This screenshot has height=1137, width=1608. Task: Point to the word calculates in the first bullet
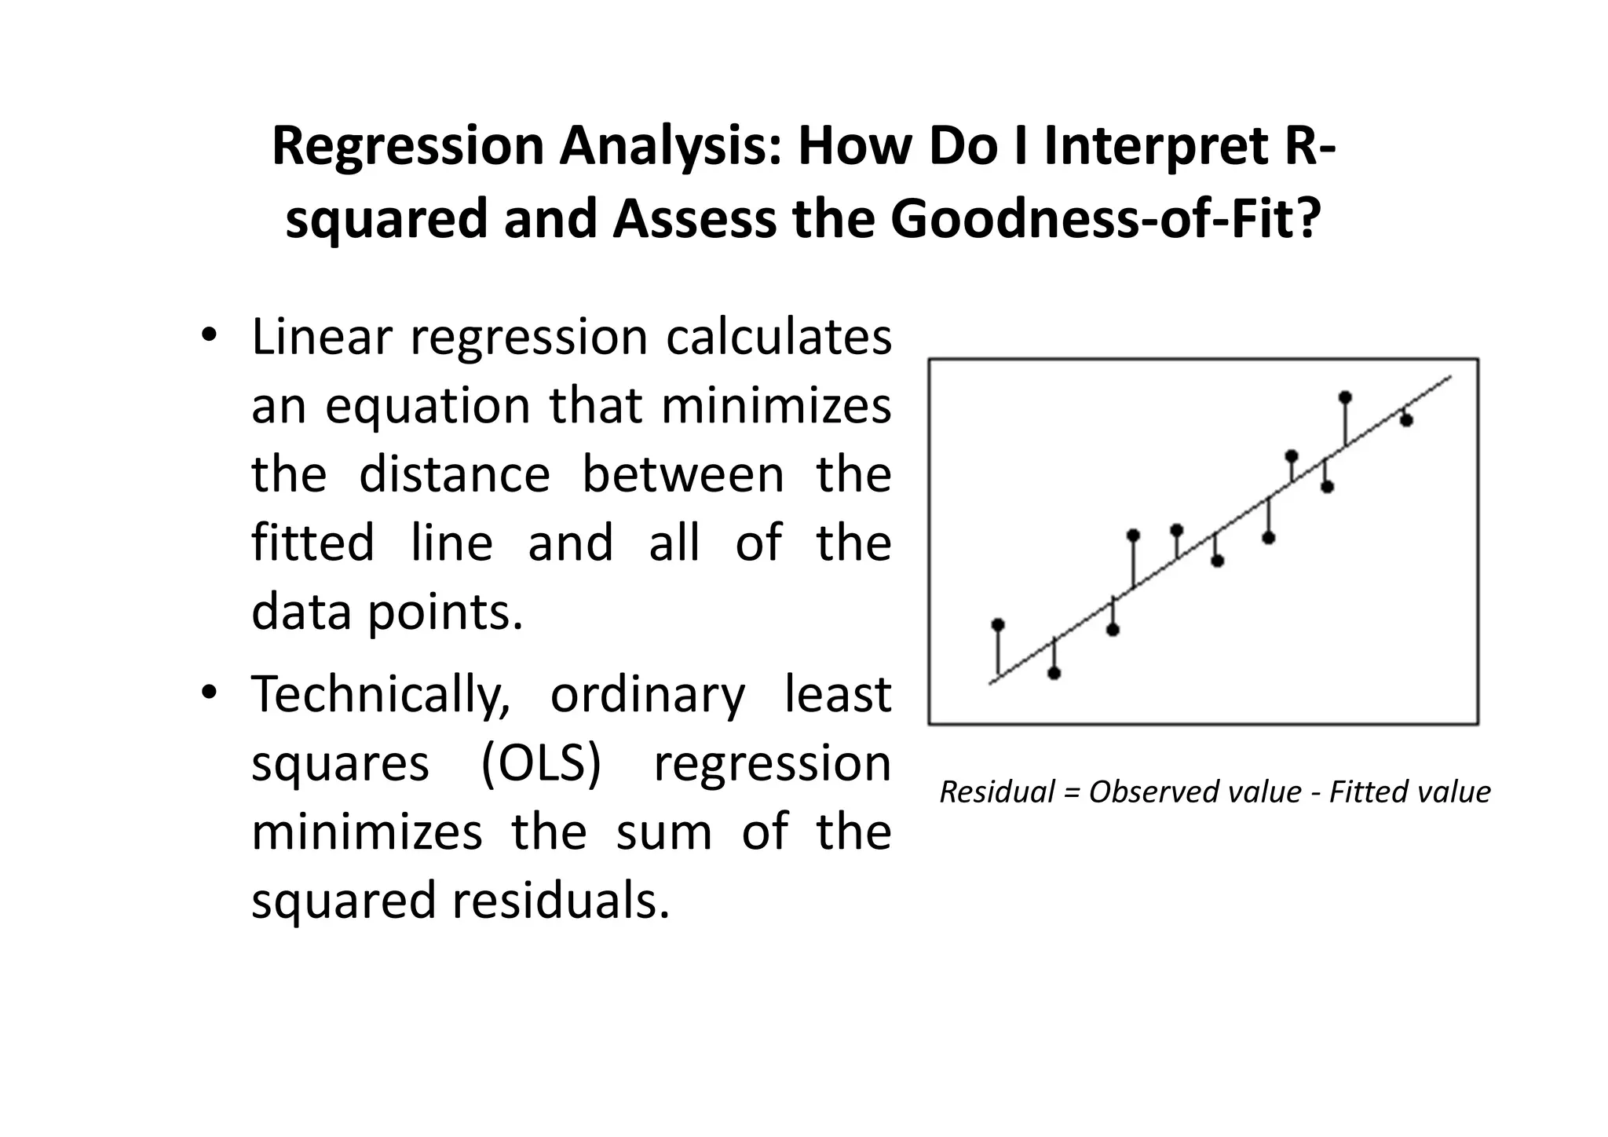click(x=779, y=337)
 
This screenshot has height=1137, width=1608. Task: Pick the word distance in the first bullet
click(x=455, y=475)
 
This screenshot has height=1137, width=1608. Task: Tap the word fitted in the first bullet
click(x=312, y=543)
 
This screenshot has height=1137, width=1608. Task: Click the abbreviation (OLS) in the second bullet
click(x=541, y=764)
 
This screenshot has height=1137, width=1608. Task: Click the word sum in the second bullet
click(x=664, y=832)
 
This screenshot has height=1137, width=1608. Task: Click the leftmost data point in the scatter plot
click(x=998, y=625)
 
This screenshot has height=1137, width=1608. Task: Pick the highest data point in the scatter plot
click(x=1345, y=397)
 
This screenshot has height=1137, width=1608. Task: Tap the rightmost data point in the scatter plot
click(x=1406, y=421)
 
